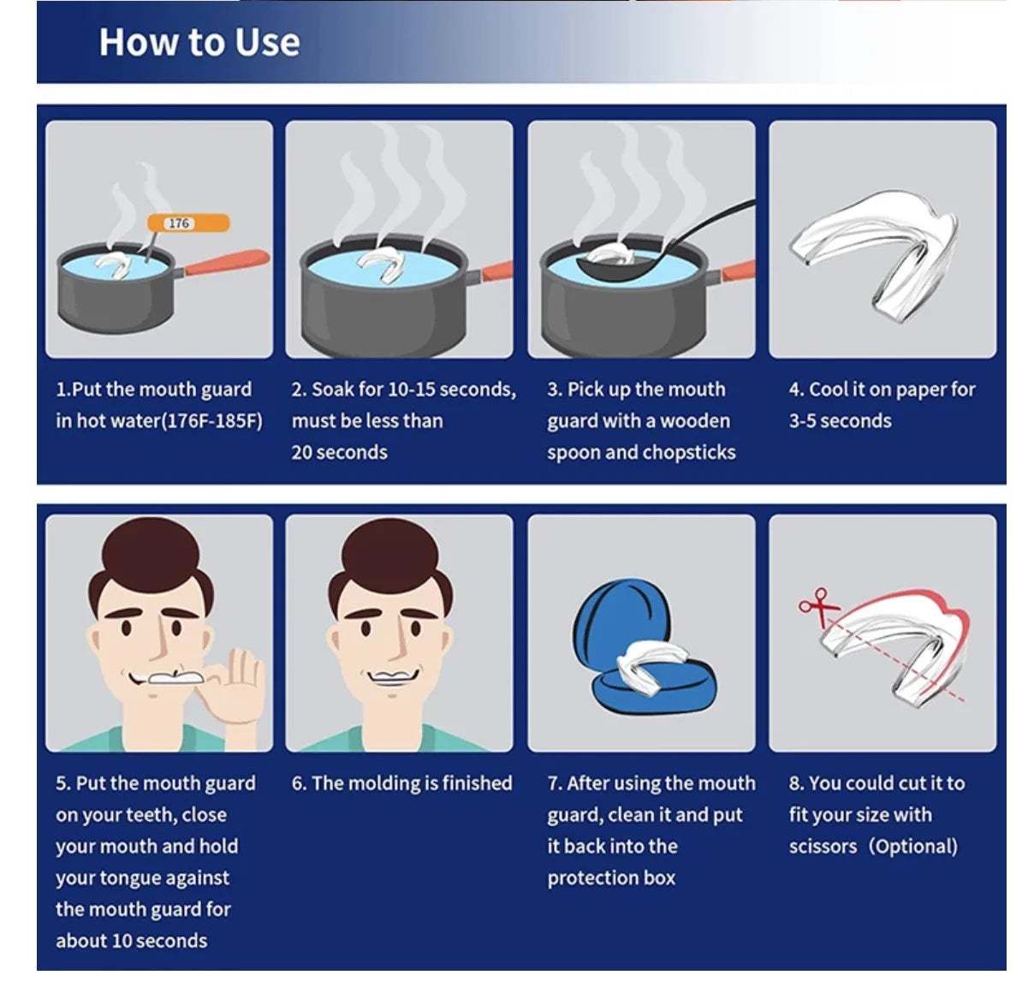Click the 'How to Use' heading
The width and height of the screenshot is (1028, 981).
pos(199,42)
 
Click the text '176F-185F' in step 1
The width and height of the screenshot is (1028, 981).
pos(211,421)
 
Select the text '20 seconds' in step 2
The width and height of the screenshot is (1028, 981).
pos(339,453)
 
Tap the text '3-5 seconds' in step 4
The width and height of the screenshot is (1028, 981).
pos(840,421)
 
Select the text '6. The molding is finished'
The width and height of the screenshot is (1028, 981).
pos(401,783)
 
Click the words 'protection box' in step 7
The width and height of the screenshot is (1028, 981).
pos(611,878)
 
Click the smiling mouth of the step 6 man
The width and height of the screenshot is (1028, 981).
pos(392,677)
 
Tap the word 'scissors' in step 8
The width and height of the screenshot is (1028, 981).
pos(823,847)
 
